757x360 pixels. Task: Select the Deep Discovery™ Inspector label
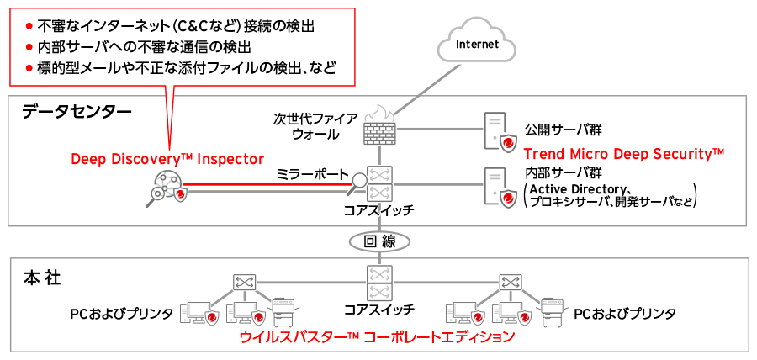tap(167, 158)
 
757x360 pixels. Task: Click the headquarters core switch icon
tap(378, 283)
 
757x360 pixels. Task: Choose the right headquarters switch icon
tap(510, 281)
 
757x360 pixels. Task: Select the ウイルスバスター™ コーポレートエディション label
tap(376, 337)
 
